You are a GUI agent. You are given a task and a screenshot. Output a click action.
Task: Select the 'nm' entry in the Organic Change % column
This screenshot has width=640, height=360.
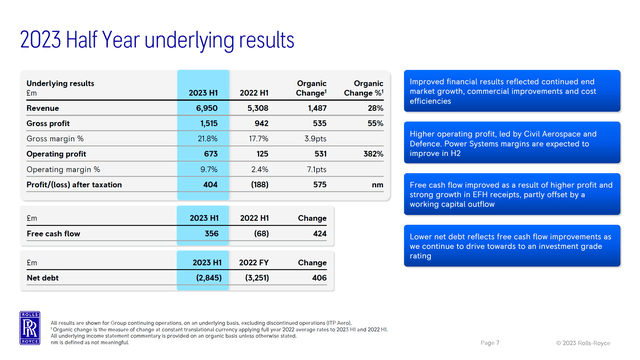point(377,185)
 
